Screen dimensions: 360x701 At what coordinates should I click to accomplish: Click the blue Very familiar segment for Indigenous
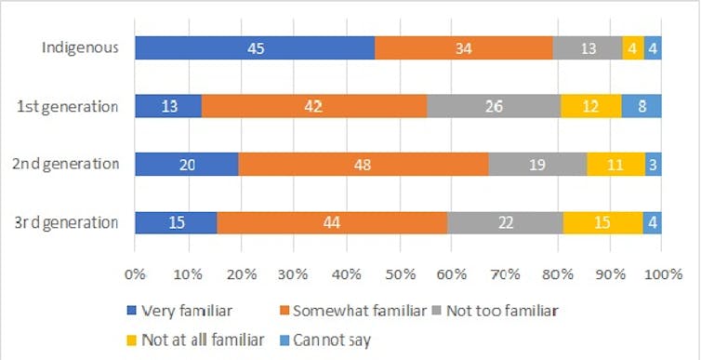click(x=255, y=47)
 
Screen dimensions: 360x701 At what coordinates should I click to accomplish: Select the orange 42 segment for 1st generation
click(x=313, y=105)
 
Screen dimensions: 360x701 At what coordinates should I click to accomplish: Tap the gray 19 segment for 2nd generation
click(x=537, y=164)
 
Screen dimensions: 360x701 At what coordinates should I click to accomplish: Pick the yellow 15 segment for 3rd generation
click(x=602, y=222)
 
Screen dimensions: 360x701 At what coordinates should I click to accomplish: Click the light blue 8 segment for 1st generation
click(x=641, y=105)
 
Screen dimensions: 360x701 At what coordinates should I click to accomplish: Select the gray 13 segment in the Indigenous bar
click(x=587, y=47)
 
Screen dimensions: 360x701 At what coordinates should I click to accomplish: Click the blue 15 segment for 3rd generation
click(x=175, y=222)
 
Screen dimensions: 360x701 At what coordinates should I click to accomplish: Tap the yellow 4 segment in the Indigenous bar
click(x=632, y=47)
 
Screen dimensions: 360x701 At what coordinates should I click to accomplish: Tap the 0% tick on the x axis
click(x=135, y=276)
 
